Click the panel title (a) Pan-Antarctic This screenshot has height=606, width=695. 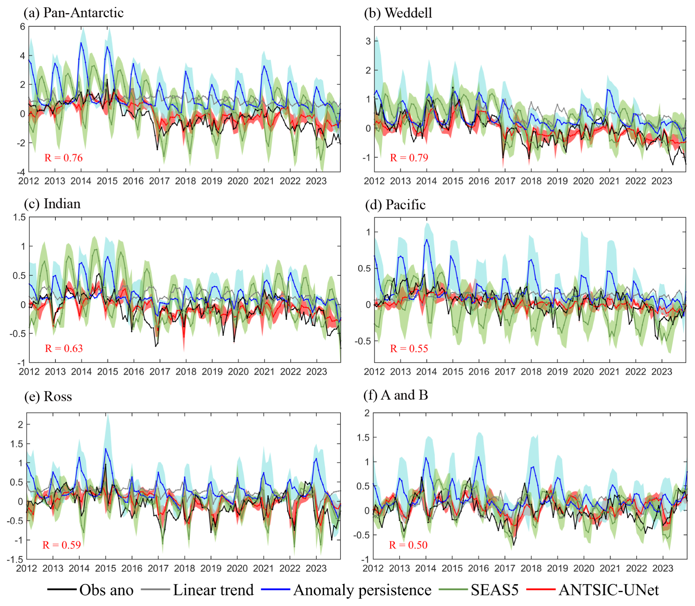(x=73, y=13)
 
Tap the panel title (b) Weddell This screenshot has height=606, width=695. (x=398, y=13)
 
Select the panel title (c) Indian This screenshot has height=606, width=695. (x=52, y=204)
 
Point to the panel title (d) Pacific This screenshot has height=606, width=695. (x=395, y=205)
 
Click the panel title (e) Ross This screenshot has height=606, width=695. (x=48, y=397)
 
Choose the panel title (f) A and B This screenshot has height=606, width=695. (x=396, y=395)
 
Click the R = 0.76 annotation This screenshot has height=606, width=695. (x=64, y=158)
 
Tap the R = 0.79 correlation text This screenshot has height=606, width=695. (x=409, y=158)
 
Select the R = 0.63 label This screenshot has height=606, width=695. (x=64, y=348)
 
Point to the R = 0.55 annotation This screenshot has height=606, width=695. (x=409, y=349)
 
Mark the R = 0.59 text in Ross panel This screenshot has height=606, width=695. (x=61, y=545)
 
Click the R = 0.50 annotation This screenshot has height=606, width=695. (x=408, y=545)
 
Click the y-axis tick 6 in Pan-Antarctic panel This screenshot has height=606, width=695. (x=23, y=26)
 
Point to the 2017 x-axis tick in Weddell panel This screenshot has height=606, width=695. (x=505, y=181)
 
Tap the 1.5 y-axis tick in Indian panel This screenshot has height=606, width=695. (x=19, y=217)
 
